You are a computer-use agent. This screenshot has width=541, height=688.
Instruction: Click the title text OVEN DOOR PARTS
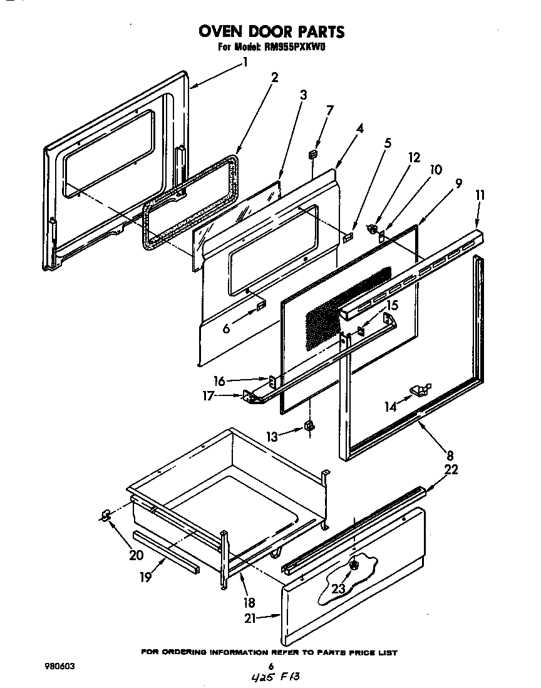click(271, 31)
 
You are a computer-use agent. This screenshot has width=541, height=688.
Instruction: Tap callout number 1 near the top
click(245, 62)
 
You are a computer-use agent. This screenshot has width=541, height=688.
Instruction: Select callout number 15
click(392, 305)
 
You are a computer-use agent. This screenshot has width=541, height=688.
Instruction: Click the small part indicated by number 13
click(309, 426)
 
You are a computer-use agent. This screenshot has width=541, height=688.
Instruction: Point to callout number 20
click(135, 555)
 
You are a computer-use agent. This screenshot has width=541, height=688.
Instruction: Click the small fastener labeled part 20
click(105, 515)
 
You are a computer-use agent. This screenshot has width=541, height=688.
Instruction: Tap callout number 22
click(451, 470)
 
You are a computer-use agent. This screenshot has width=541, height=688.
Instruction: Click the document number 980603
click(60, 667)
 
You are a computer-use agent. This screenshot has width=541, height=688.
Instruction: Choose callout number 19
click(145, 577)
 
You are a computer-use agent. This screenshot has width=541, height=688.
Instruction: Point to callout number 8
click(450, 456)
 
